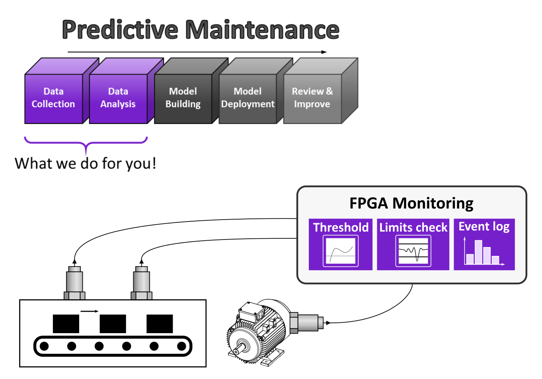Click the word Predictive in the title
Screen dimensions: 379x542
[x=120, y=30]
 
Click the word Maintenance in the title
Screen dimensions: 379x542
[x=262, y=30]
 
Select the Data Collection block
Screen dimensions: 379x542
[x=53, y=98]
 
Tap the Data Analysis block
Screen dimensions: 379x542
[x=118, y=98]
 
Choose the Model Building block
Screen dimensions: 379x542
[x=183, y=98]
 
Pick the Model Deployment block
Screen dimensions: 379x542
[x=248, y=98]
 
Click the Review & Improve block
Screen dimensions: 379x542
[x=312, y=98]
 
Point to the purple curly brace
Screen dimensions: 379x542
[x=86, y=143]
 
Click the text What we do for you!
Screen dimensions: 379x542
[x=85, y=163]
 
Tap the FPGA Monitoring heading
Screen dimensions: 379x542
[x=411, y=203]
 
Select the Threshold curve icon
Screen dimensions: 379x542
[x=341, y=251]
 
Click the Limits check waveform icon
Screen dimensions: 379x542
[x=413, y=251]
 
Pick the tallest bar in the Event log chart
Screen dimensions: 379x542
[x=478, y=252]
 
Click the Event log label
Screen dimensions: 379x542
[x=484, y=226]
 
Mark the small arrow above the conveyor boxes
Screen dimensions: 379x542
[x=90, y=311]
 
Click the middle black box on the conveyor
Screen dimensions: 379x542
[x=113, y=324]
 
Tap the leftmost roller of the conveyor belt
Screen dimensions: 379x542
[x=44, y=346]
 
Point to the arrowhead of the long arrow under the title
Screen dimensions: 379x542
[x=325, y=52]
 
